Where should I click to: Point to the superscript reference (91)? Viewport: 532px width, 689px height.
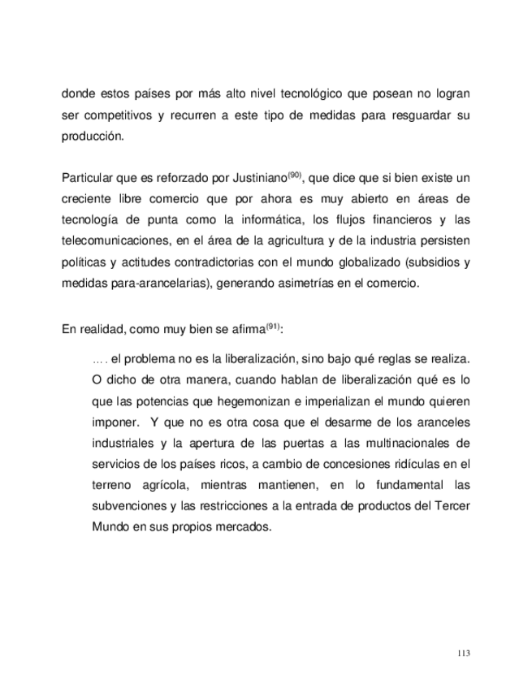coord(271,327)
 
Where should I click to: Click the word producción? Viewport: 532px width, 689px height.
coord(93,136)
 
